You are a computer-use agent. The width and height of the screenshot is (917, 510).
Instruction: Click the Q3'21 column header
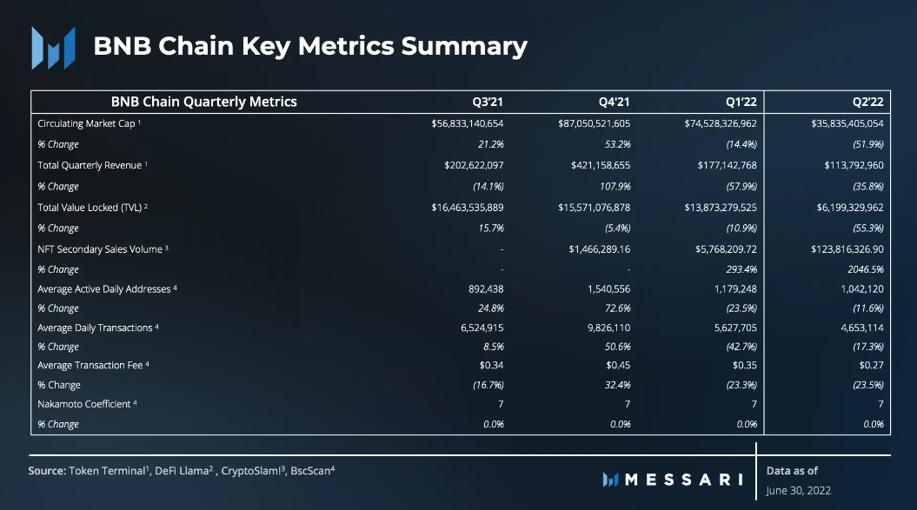[x=489, y=102]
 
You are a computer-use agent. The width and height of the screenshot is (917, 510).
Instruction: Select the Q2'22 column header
[x=870, y=102]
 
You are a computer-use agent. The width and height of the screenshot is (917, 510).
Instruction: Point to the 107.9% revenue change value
[x=615, y=186]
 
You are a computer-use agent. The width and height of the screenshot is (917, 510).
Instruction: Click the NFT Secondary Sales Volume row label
[x=100, y=249]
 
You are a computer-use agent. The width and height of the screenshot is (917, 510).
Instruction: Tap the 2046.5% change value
[x=865, y=269]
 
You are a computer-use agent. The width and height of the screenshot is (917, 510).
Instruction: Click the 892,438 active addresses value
[x=486, y=289]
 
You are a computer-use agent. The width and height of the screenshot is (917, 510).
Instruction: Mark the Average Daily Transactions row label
[x=96, y=328]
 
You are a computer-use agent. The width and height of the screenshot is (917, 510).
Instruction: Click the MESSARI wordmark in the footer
[x=674, y=479]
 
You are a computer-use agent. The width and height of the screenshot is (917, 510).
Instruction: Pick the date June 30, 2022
[x=798, y=491]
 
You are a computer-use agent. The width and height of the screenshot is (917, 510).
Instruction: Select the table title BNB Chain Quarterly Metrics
[x=203, y=102]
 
